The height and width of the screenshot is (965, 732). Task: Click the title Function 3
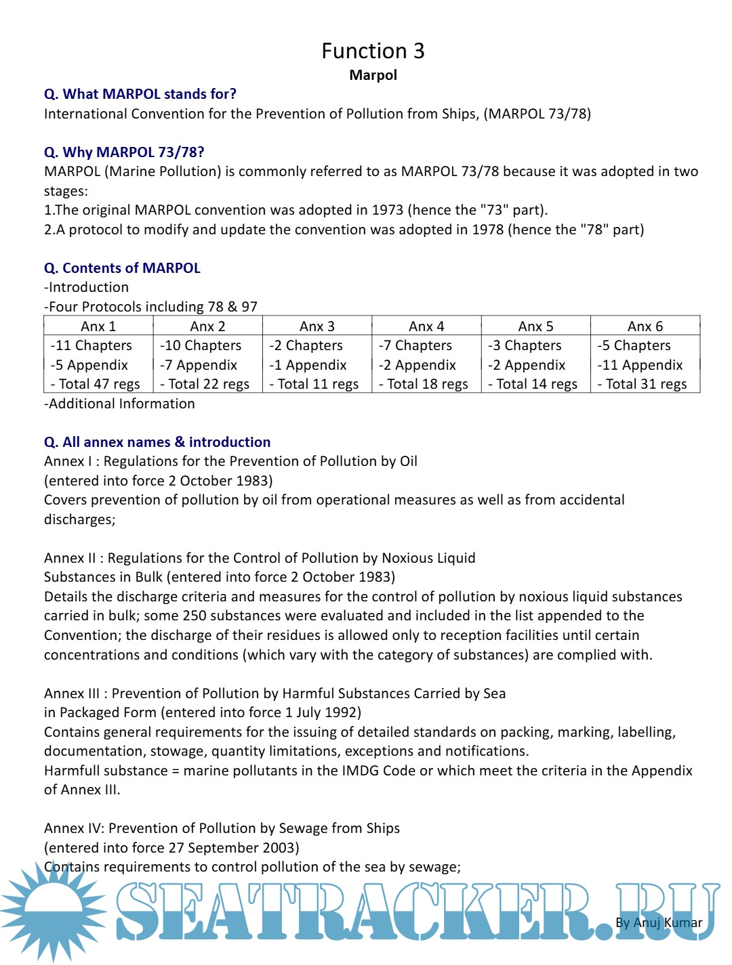click(x=373, y=51)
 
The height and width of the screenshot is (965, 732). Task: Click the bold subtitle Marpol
click(x=373, y=75)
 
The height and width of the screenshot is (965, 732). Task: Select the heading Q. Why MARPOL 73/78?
click(x=124, y=152)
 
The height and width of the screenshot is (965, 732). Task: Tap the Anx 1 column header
click(x=98, y=326)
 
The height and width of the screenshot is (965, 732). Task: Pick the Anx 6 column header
click(x=645, y=326)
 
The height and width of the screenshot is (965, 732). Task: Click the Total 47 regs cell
click(x=95, y=384)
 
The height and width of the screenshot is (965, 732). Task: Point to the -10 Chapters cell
click(x=201, y=345)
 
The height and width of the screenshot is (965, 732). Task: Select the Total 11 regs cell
click(x=314, y=384)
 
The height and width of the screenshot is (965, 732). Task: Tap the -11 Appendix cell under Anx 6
click(x=640, y=365)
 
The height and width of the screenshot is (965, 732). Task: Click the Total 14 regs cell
click(x=533, y=384)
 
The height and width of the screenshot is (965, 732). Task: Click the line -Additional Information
click(x=119, y=404)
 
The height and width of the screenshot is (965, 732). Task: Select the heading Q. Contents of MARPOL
click(x=122, y=268)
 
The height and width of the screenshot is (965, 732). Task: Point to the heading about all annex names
click(x=157, y=442)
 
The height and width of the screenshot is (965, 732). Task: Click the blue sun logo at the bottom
click(x=51, y=911)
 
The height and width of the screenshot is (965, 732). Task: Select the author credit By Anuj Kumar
click(x=659, y=922)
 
